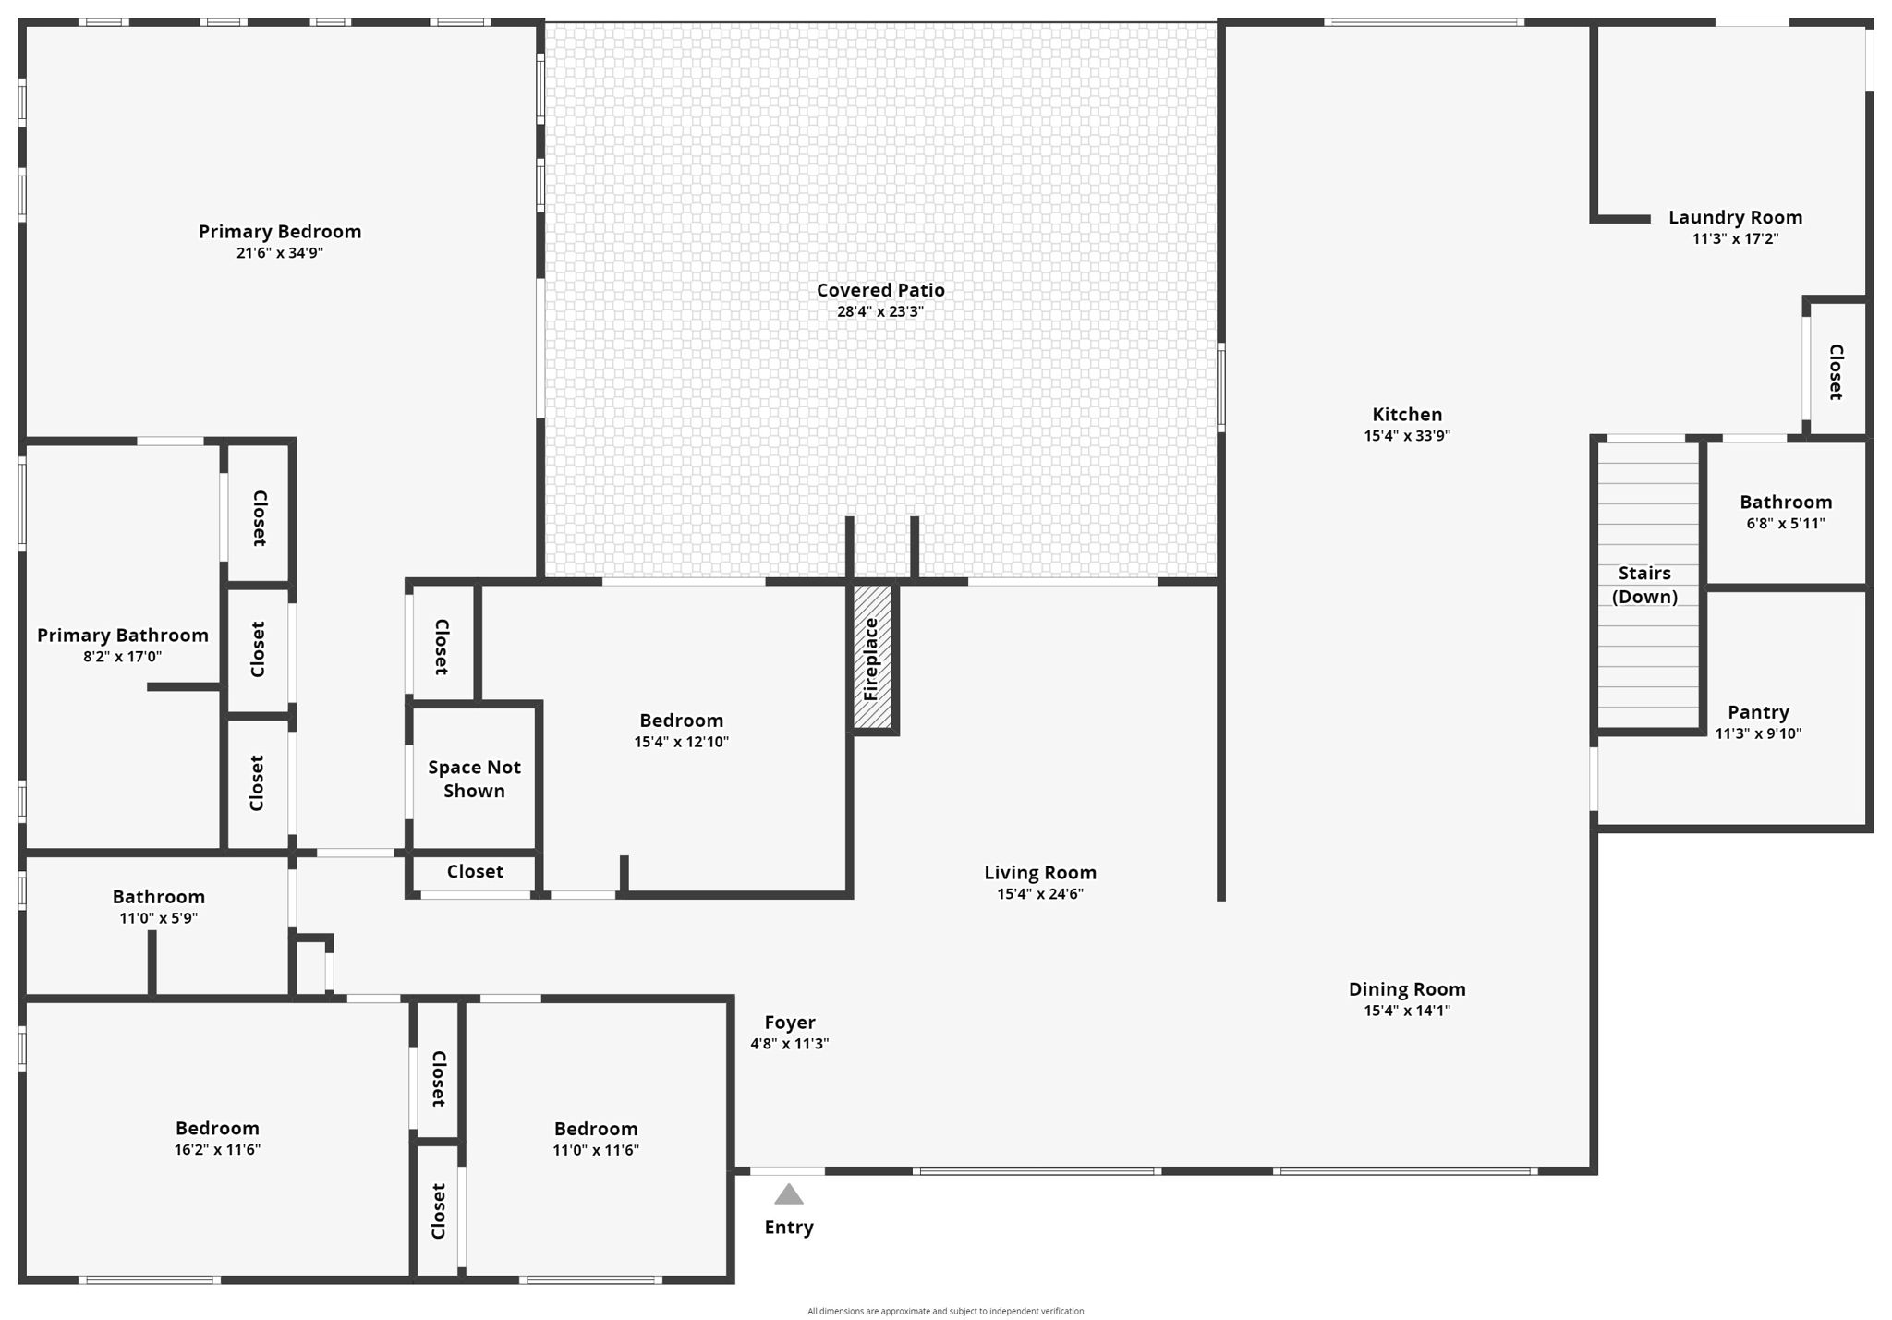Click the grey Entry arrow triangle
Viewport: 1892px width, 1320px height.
[x=788, y=1194]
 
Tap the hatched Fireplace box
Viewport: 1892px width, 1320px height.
[x=872, y=657]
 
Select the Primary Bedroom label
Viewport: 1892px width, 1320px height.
[x=280, y=231]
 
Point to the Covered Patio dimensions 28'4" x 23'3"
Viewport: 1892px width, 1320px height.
[x=880, y=311]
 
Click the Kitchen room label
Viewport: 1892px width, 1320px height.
[x=1407, y=414]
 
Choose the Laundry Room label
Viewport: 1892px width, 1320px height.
[x=1735, y=217]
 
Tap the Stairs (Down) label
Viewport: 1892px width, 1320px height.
[x=1644, y=585]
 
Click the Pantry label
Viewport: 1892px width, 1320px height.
[x=1758, y=712]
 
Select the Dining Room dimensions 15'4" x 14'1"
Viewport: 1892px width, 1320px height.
[x=1407, y=1011]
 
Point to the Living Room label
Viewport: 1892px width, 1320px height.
[x=1040, y=872]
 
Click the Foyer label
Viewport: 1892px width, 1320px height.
[x=790, y=1023]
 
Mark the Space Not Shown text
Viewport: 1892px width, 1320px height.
[x=474, y=779]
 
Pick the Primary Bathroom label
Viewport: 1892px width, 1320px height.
[x=123, y=635]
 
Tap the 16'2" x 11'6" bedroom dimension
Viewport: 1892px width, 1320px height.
[x=217, y=1150]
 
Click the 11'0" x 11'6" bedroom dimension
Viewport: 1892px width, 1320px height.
[x=596, y=1150]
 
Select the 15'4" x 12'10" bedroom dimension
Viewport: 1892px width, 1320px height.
[x=682, y=742]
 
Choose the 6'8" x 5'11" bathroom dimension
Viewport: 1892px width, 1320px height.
[x=1786, y=524]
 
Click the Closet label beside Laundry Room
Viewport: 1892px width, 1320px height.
[x=1836, y=372]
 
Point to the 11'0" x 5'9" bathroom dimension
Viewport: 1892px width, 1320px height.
[x=158, y=918]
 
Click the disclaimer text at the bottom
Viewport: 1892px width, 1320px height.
[x=946, y=1311]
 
